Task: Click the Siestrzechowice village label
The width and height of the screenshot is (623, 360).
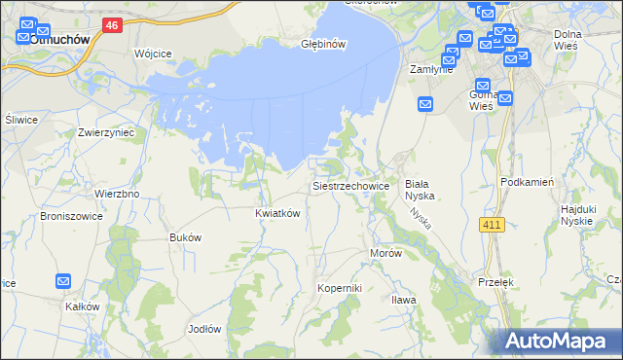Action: click(x=350, y=185)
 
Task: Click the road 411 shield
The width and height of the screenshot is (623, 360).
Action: click(x=493, y=225)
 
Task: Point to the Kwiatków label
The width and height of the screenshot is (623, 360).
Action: click(x=276, y=212)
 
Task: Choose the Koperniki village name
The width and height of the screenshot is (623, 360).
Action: click(x=340, y=288)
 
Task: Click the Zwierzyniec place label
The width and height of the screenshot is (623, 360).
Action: click(x=106, y=131)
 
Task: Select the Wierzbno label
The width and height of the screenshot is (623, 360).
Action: click(x=117, y=194)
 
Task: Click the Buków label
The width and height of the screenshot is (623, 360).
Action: click(x=185, y=237)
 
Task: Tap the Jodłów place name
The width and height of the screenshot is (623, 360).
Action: click(x=204, y=328)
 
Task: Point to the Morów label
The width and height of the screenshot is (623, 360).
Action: click(x=385, y=252)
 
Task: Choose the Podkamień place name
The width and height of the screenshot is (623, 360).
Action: click(x=527, y=182)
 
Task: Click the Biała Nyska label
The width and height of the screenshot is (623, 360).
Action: click(x=418, y=189)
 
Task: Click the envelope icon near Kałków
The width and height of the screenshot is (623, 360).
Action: click(x=63, y=281)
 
